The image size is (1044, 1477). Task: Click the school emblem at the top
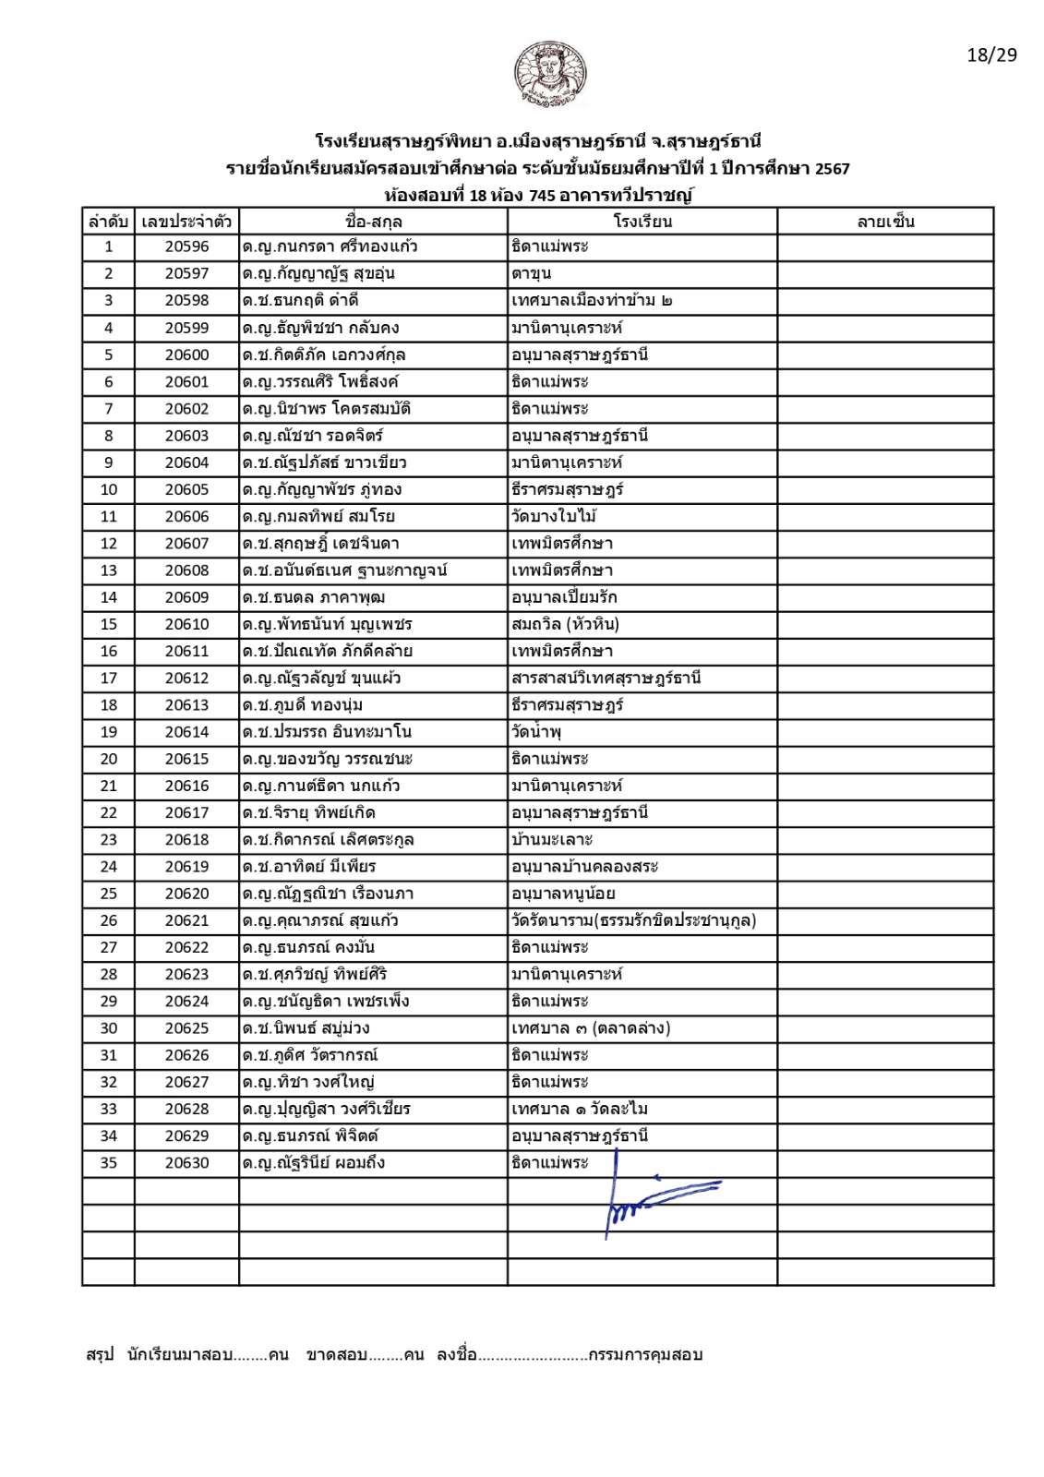[x=550, y=74]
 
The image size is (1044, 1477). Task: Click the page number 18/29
[x=991, y=55]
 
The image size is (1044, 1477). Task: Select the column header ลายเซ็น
[x=885, y=222]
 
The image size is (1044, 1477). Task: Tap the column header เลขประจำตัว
[x=186, y=222]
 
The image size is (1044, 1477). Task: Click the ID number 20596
[x=187, y=246]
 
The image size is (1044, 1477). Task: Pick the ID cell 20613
[x=187, y=705]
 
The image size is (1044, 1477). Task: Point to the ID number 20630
[x=187, y=1163]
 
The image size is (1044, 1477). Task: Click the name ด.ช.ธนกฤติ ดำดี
[x=300, y=301]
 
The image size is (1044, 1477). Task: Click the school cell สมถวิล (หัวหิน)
[x=565, y=624]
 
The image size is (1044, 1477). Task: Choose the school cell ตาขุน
[x=531, y=274]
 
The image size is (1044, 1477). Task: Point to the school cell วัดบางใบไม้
[x=554, y=517]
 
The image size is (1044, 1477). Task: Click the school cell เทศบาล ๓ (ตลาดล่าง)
[x=591, y=1028]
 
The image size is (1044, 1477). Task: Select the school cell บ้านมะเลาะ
[x=552, y=840]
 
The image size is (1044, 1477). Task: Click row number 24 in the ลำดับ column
[x=109, y=867]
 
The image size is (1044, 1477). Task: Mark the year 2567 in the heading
[x=832, y=168]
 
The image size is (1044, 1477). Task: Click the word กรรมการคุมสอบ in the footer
[x=645, y=1355]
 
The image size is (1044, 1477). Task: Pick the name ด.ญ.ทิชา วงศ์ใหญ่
[x=307, y=1083]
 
